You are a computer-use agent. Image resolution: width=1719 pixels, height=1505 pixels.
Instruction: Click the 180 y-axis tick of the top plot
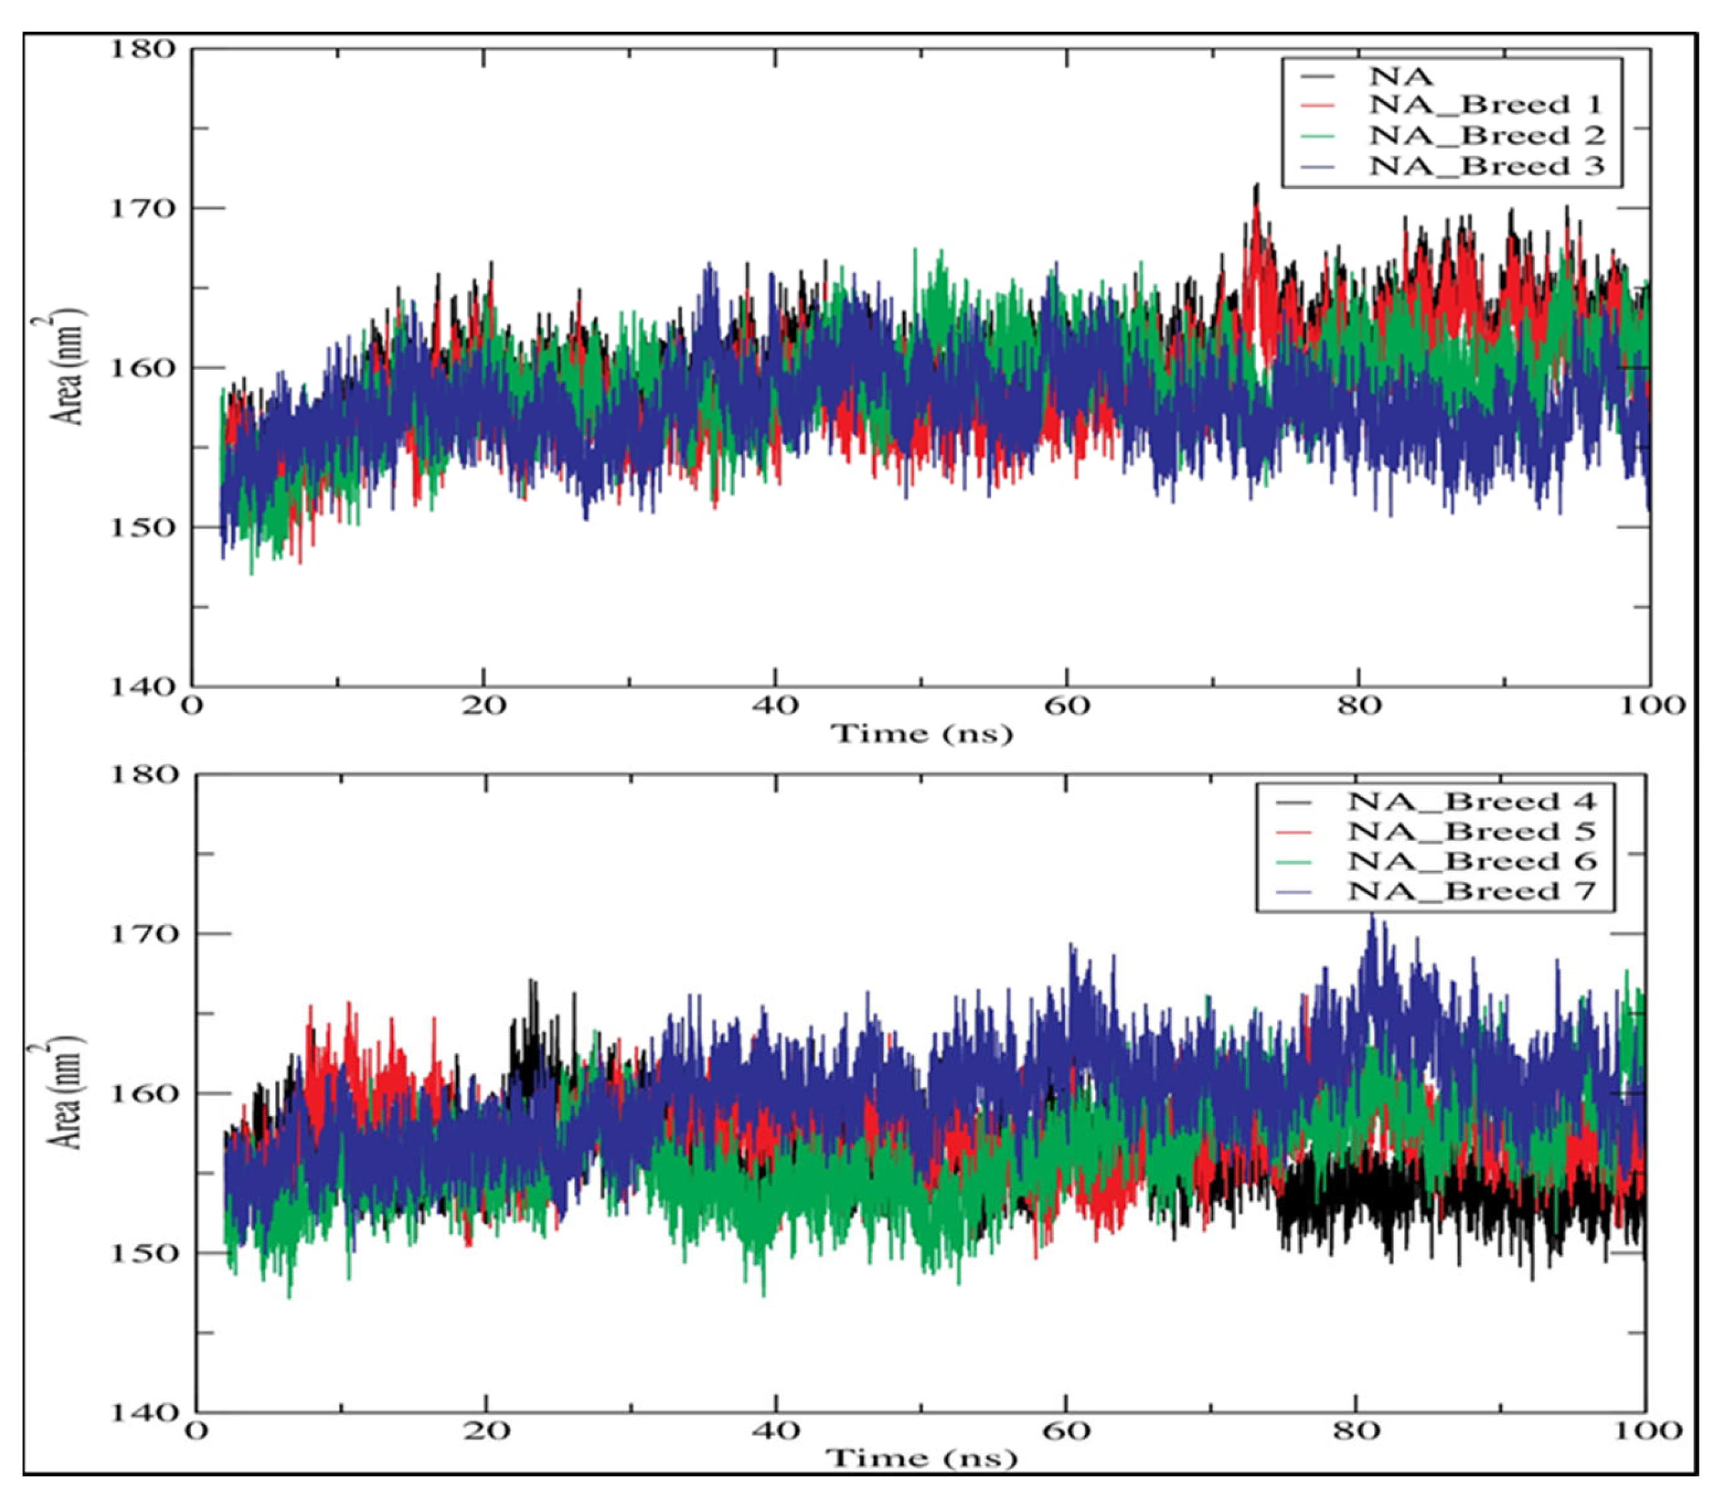coord(143,49)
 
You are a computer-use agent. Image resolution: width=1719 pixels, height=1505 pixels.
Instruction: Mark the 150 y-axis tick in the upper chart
coord(143,527)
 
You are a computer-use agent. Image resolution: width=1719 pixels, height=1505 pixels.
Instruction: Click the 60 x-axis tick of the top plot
coord(1066,705)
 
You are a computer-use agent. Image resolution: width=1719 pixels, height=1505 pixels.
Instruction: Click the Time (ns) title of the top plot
coord(921,734)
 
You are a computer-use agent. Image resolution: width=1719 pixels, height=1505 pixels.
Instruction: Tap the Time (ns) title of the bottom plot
coord(921,1459)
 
